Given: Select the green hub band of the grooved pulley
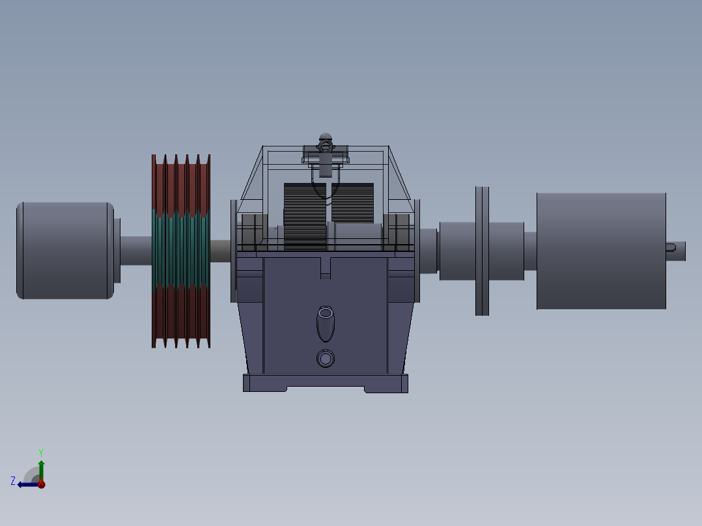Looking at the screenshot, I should point(180,251).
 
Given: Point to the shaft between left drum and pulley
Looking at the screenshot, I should point(135,251).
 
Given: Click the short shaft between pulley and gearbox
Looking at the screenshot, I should point(220,251).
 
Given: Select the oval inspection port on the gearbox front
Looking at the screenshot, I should point(326,323).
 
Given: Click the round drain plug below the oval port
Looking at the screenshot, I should point(326,358).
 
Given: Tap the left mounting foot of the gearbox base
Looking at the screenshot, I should point(264,384).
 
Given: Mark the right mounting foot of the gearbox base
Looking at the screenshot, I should point(387,384).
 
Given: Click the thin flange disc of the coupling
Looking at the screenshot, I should point(482,251).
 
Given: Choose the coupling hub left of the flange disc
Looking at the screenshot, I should point(457,251).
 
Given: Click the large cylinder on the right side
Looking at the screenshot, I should point(600,251).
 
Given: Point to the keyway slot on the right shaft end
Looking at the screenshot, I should point(671,246).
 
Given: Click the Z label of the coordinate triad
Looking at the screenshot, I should point(13,481).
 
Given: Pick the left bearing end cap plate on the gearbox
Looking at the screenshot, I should point(233,251).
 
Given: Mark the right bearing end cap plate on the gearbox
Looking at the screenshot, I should point(417,251).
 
